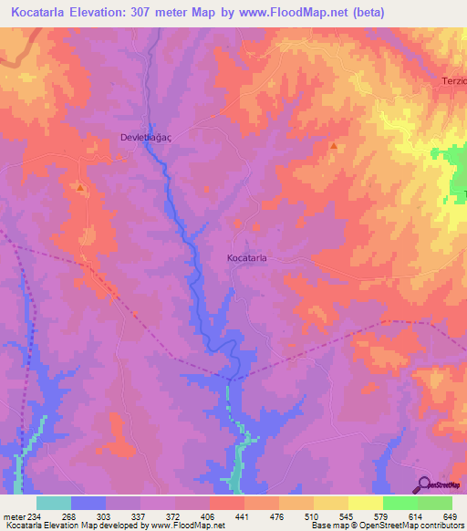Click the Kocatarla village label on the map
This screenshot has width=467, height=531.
(x=246, y=258)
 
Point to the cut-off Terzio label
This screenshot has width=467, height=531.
(x=451, y=81)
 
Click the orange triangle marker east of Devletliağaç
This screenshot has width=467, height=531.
(x=334, y=146)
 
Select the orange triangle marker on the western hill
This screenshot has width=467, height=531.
(x=81, y=189)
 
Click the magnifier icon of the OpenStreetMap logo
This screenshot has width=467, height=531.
(x=424, y=484)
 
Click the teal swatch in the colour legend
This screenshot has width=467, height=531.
(x=53, y=503)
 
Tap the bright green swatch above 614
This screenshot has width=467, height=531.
(x=400, y=503)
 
